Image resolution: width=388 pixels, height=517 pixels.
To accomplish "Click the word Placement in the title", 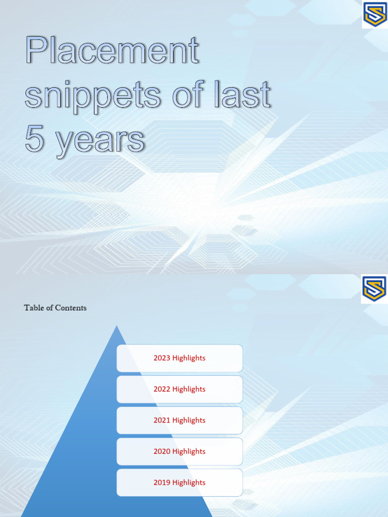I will click(112, 51).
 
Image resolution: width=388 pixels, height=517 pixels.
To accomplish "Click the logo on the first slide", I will click(374, 15).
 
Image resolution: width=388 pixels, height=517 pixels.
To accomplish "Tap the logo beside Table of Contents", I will click(374, 289).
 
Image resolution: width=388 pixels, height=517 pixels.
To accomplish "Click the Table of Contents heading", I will click(55, 307).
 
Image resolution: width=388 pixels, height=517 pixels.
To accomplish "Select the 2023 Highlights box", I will click(179, 358).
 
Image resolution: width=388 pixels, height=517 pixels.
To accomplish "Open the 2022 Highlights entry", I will click(179, 389).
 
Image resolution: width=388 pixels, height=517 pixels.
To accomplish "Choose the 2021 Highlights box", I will click(179, 420).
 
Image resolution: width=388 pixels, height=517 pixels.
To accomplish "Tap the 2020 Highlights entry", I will click(179, 451).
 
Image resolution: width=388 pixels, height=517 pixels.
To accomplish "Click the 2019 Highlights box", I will click(179, 483).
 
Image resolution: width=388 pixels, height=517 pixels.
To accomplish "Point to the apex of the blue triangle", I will click(117, 327).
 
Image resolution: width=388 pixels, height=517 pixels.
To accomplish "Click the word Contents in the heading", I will click(71, 307).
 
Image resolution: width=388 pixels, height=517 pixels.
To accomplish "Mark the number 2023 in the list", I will click(162, 358).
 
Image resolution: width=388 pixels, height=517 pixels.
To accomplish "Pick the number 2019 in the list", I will click(162, 483).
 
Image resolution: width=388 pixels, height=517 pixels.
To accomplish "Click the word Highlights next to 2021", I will click(188, 420).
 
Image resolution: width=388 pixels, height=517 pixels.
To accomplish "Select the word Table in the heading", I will click(33, 307).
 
